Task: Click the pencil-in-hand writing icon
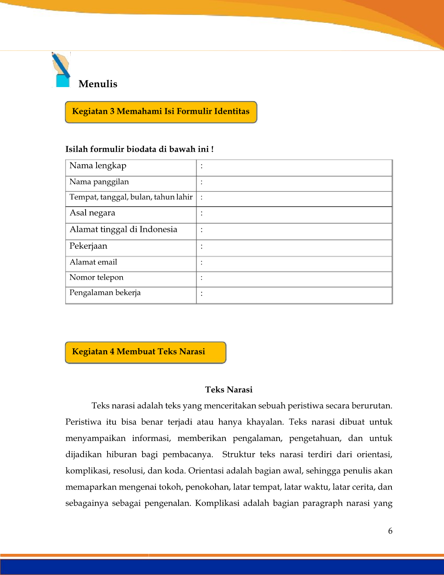pyautogui.click(x=61, y=70)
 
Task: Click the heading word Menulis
pyautogui.click(x=98, y=84)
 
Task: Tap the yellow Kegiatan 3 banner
pyautogui.click(x=161, y=112)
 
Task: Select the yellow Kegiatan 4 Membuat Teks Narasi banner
pyautogui.click(x=146, y=352)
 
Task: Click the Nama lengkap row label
pyautogui.click(x=98, y=166)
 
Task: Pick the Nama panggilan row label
pyautogui.click(x=99, y=182)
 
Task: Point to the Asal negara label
pyautogui.click(x=92, y=213)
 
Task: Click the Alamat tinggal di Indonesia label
pyautogui.click(x=123, y=229)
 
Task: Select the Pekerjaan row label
pyautogui.click(x=88, y=246)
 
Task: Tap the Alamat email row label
pyautogui.click(x=93, y=262)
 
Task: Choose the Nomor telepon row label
pyautogui.click(x=96, y=278)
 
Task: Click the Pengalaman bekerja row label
pyautogui.click(x=105, y=293)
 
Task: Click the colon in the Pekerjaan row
pyautogui.click(x=202, y=247)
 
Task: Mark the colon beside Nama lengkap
pyautogui.click(x=202, y=166)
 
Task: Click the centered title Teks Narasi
pyautogui.click(x=228, y=390)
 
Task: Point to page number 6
pyautogui.click(x=390, y=531)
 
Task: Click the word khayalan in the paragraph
pyautogui.click(x=265, y=422)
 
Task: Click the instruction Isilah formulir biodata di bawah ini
pyautogui.click(x=139, y=149)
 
